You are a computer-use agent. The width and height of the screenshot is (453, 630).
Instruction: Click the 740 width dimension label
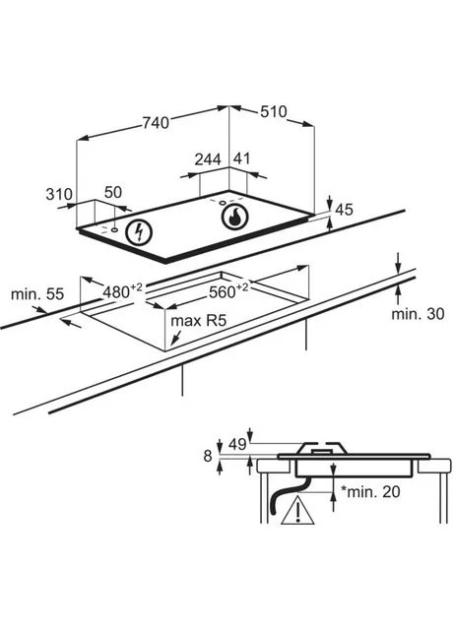coord(157,123)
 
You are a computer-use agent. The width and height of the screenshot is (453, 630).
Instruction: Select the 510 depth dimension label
coord(274,111)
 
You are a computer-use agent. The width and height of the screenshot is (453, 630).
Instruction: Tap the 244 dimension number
coord(208,159)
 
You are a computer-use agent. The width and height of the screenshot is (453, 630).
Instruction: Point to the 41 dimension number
coord(241,158)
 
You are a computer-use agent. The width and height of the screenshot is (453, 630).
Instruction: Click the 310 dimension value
coord(59,195)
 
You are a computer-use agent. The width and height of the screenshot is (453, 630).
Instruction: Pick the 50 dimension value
coord(113,193)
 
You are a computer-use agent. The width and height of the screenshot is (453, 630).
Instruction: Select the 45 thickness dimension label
coord(344,210)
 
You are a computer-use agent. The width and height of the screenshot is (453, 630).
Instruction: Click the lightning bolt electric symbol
coord(139,232)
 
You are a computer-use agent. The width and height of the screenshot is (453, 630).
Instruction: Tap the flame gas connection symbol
coord(234,217)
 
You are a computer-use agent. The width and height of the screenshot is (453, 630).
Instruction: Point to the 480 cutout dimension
coord(122,291)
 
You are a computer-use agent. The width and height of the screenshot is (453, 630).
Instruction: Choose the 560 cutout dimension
coord(228,291)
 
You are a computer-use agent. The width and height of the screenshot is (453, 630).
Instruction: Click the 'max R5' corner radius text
coord(199,321)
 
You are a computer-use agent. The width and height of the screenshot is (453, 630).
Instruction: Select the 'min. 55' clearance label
coord(37,294)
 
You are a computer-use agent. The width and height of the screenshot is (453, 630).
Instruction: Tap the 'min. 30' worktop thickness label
coord(418,314)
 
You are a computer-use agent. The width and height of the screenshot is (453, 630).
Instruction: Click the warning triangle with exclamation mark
coord(297,510)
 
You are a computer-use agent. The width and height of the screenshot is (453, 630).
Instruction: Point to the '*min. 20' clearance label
coord(370,491)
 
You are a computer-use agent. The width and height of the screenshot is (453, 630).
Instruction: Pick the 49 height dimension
coord(237,444)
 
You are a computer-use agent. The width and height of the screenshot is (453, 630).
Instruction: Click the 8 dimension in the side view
coord(208,456)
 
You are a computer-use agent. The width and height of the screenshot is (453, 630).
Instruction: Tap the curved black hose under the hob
coord(286,496)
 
